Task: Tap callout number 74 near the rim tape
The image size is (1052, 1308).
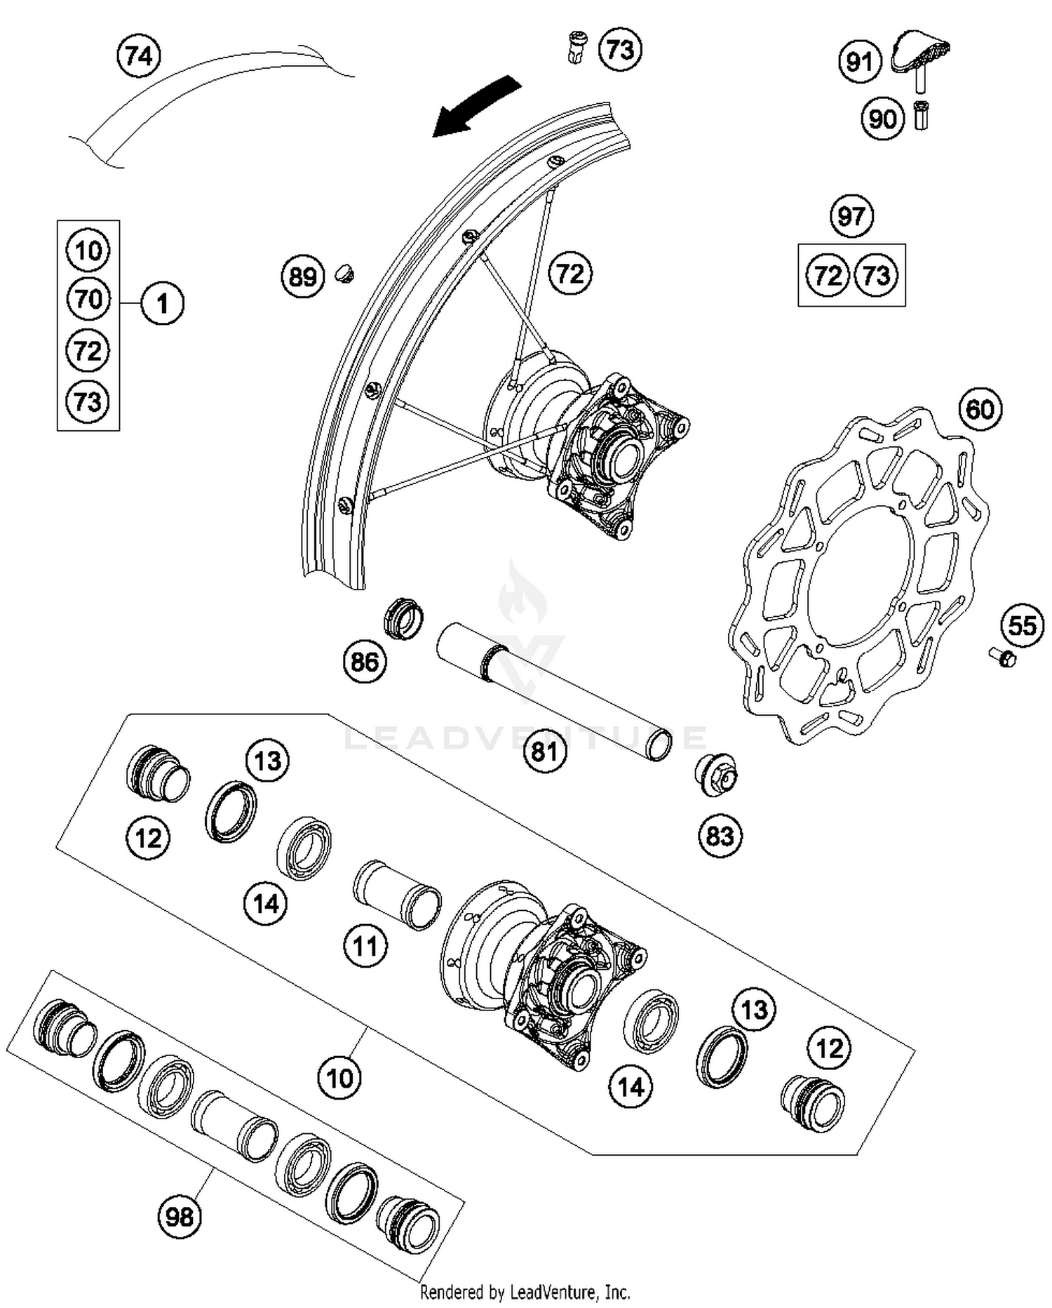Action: click(x=139, y=55)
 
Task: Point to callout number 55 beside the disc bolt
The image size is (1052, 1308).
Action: click(x=1022, y=625)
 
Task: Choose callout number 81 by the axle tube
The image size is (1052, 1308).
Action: click(x=544, y=752)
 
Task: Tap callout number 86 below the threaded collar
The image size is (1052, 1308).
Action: click(x=365, y=661)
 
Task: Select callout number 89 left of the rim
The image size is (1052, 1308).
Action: click(x=303, y=276)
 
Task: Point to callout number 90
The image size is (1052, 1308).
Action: click(x=882, y=119)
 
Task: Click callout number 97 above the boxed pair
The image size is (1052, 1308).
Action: click(x=851, y=216)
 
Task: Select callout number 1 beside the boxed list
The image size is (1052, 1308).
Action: click(x=162, y=304)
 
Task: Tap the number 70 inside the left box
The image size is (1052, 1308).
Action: click(x=88, y=300)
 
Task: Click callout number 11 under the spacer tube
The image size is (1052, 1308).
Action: click(x=365, y=946)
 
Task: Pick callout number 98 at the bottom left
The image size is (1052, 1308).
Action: click(x=180, y=1215)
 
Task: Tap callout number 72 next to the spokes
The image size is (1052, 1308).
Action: click(x=570, y=273)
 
